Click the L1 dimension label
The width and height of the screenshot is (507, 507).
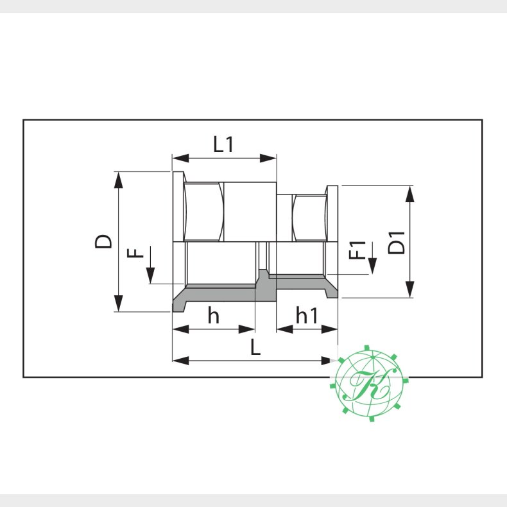point(223,144)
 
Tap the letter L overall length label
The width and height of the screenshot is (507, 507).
point(255,348)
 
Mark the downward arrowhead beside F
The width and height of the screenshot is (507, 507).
point(150,277)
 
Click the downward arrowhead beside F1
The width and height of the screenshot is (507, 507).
point(372,267)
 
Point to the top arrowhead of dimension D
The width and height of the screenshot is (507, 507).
point(118,179)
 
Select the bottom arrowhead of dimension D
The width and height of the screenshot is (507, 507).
point(118,304)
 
